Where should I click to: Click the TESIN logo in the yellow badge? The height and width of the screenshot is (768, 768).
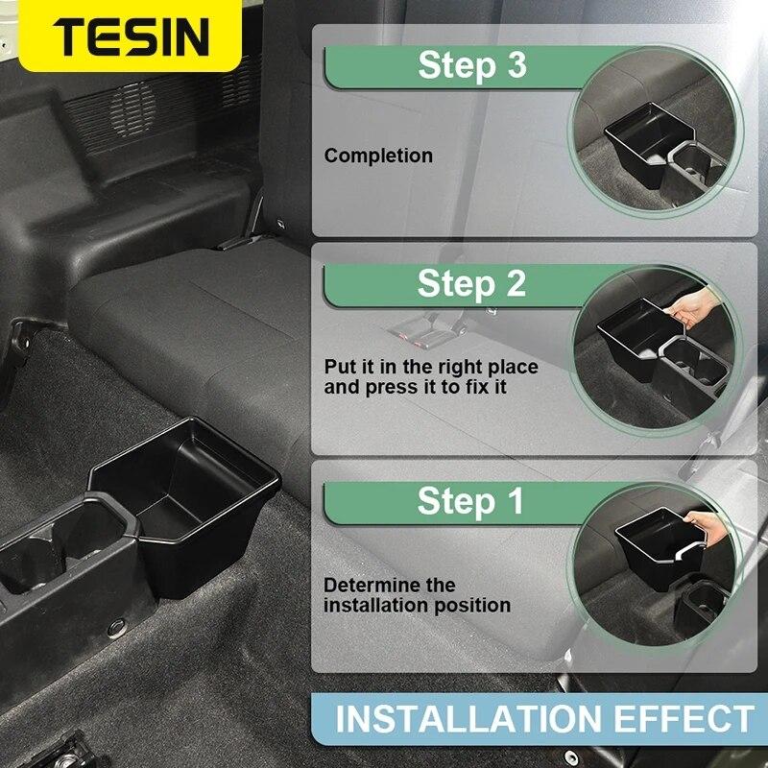tap(131, 36)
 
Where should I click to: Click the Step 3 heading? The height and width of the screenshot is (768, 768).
tap(471, 66)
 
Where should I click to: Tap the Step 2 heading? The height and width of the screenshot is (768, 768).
tap(471, 284)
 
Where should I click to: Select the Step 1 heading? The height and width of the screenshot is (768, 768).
tap(470, 501)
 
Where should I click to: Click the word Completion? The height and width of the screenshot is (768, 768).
tap(378, 156)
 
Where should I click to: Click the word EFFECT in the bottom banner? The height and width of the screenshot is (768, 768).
tap(683, 719)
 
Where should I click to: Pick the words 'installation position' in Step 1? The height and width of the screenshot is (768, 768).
tap(417, 606)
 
